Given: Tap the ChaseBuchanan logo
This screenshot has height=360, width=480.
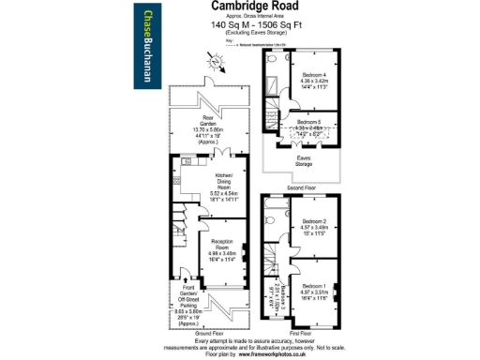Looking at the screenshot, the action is point(149,46).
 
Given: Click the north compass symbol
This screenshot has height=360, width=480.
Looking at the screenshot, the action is point(217,61).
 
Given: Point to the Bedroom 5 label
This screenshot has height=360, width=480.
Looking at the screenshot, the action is point(309,122).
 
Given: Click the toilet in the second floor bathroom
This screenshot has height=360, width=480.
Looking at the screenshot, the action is point(272,59).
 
